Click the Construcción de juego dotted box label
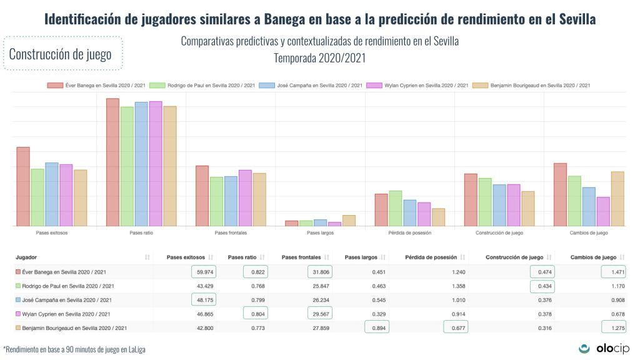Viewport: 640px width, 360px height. (61, 54)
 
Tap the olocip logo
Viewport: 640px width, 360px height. (604, 348)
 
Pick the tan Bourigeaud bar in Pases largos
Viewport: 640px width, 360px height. (349, 221)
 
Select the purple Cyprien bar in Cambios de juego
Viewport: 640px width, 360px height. (603, 211)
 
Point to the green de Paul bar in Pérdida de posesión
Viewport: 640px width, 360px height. (395, 208)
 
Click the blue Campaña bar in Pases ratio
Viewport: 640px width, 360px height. (141, 164)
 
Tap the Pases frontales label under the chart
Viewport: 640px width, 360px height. (231, 232)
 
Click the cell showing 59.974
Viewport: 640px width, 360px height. (201, 272)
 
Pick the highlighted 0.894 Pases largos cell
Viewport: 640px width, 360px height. (376, 327)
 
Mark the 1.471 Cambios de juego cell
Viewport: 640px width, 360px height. (613, 272)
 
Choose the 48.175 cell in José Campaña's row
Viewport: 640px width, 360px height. (201, 300)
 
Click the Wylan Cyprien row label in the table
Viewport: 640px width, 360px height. (69, 314)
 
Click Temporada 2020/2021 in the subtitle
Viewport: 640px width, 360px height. (319, 58)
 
